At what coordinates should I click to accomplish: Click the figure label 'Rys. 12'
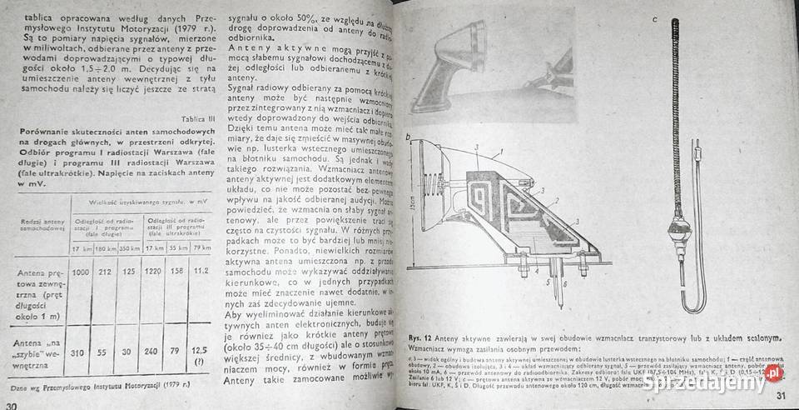pos(424,337)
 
